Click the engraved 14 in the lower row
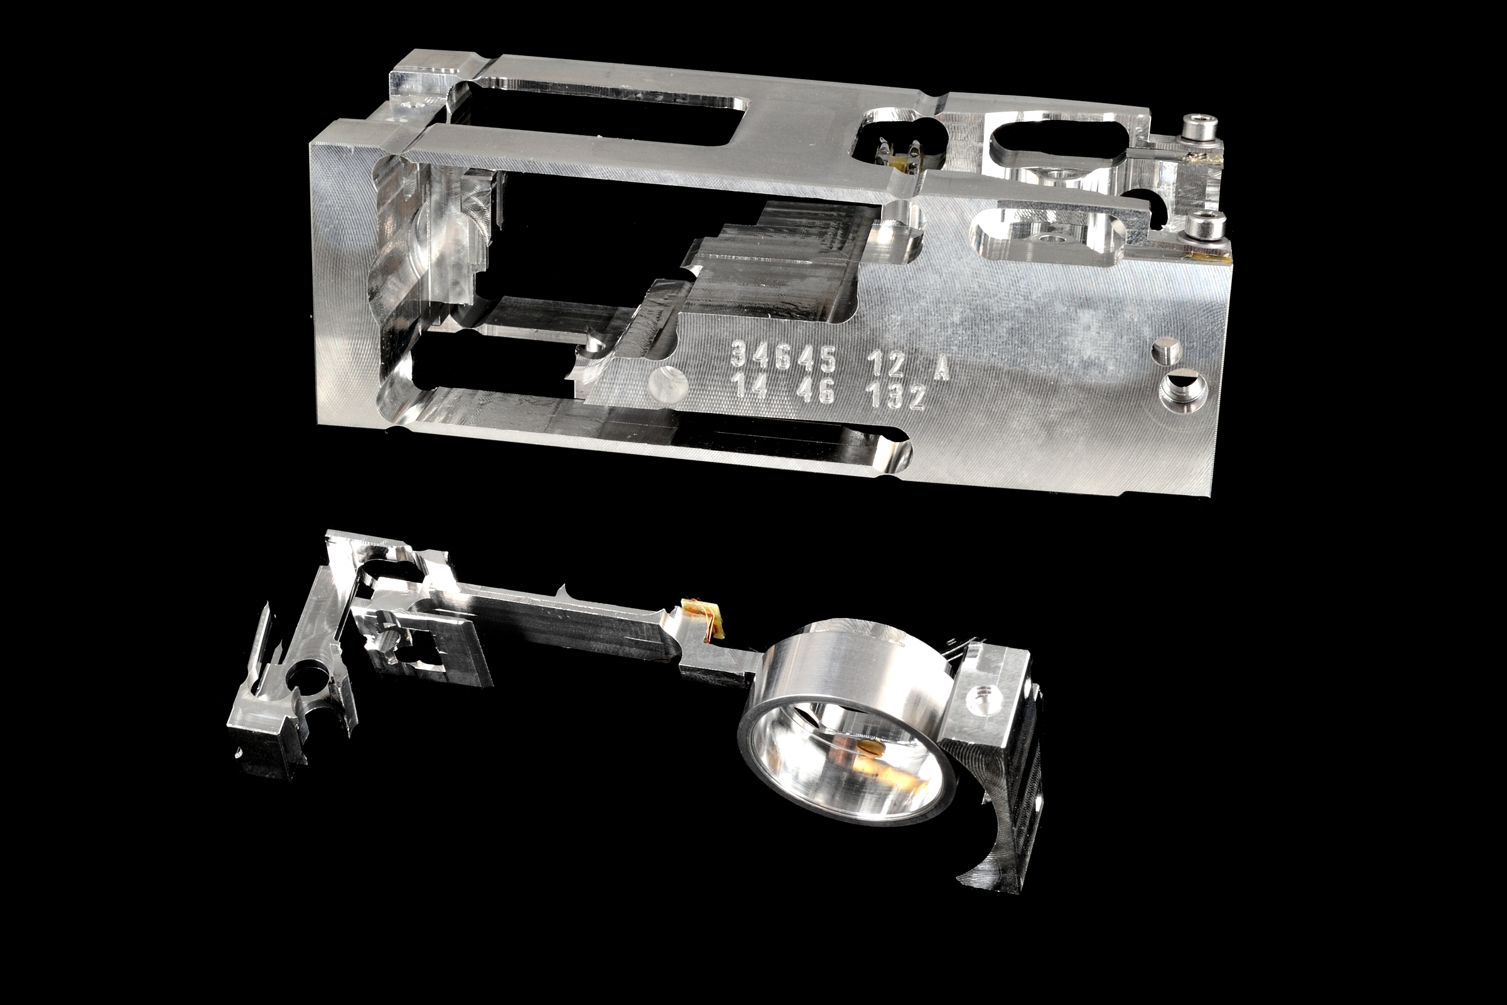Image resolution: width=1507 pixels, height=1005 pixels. click(x=751, y=386)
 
